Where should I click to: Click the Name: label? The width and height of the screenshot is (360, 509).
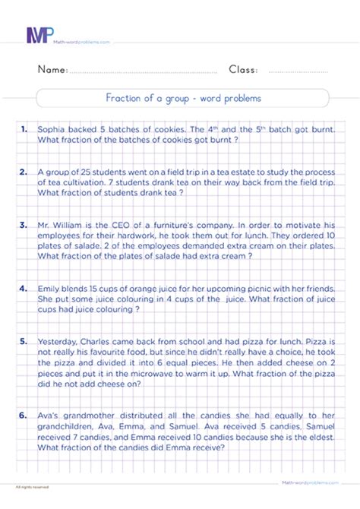click(51, 70)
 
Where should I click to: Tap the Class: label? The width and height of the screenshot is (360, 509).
click(243, 70)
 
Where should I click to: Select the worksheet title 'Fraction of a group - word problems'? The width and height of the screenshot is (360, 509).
click(183, 98)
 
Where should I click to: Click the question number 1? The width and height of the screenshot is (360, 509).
click(25, 129)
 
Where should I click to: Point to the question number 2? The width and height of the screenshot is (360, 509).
click(25, 172)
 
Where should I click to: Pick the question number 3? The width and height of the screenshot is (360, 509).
click(25, 225)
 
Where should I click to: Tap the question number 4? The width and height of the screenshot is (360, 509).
click(25, 288)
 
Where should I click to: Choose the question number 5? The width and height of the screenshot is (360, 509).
click(25, 341)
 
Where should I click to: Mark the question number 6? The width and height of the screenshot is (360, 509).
click(25, 415)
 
